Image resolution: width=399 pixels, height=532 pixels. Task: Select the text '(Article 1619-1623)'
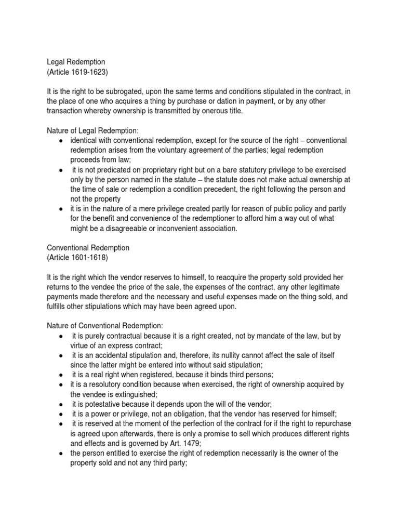(78, 72)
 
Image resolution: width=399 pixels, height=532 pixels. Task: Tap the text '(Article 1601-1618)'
(78, 258)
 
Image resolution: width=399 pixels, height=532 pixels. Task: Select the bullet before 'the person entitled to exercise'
(61, 454)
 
